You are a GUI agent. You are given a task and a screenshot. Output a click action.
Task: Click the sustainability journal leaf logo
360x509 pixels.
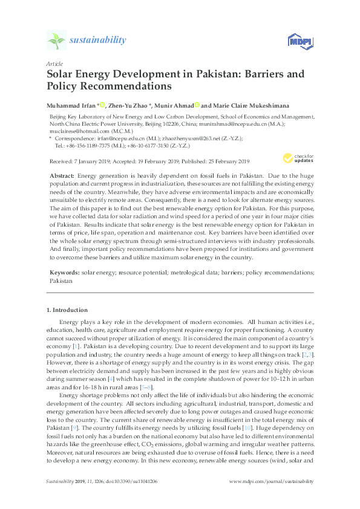(56, 41)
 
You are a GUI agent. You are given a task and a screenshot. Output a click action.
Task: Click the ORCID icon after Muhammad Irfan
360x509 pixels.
(103, 105)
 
